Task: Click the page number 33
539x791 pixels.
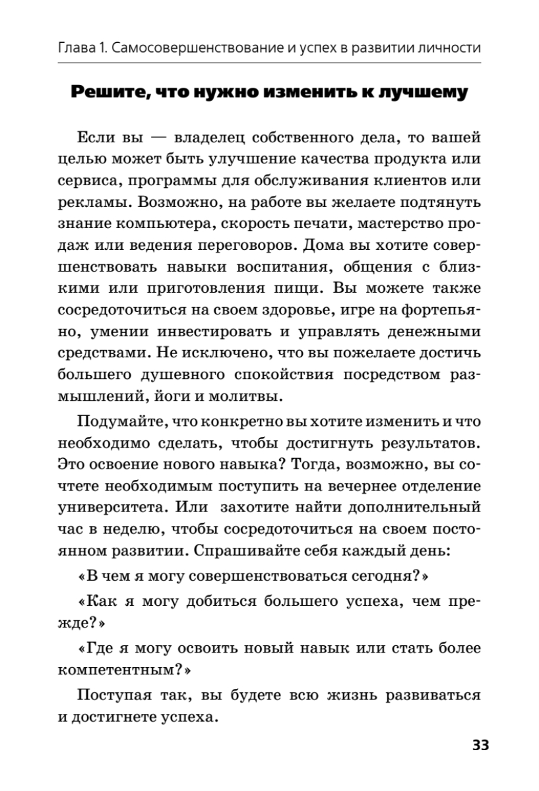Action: click(x=480, y=746)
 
